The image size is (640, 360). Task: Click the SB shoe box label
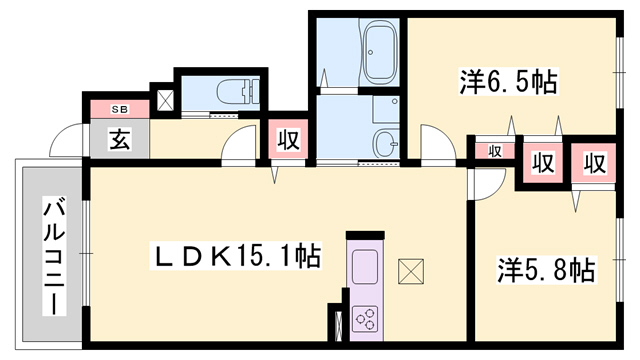click(117, 108)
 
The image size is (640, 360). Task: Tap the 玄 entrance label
click(118, 139)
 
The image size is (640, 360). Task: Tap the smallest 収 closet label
click(495, 151)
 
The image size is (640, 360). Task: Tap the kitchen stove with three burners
click(364, 320)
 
